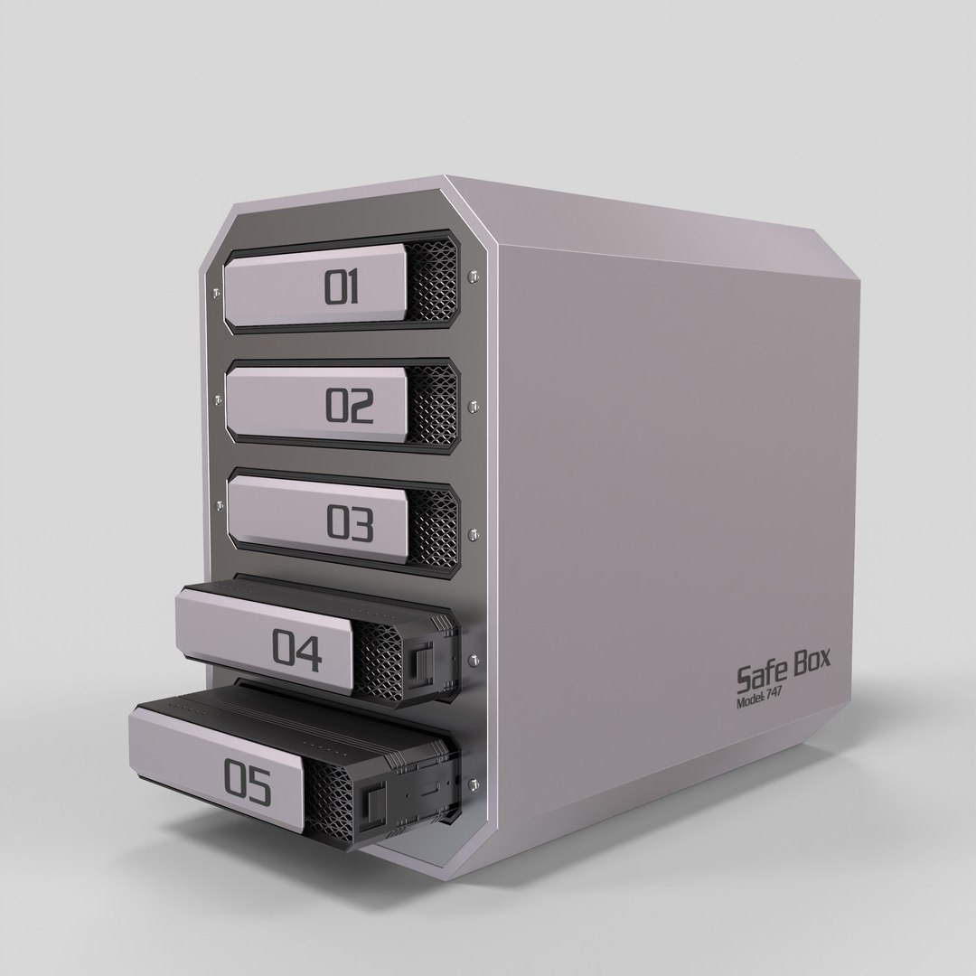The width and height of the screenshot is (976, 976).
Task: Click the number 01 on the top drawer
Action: (x=343, y=287)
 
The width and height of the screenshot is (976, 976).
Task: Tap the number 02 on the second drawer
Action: (x=349, y=408)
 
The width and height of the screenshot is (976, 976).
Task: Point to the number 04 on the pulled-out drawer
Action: (x=297, y=652)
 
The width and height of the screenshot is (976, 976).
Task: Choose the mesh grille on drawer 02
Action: (x=437, y=408)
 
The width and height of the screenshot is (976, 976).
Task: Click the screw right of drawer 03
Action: (x=473, y=533)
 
